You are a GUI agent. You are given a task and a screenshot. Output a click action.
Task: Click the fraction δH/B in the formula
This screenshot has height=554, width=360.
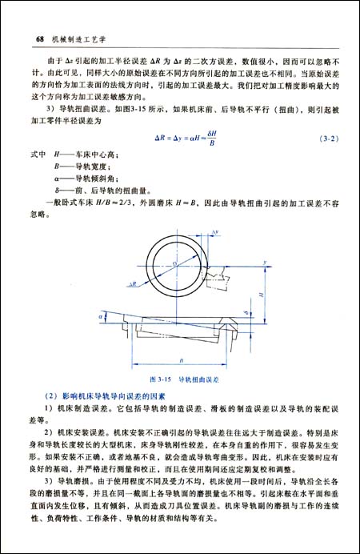tap(211, 138)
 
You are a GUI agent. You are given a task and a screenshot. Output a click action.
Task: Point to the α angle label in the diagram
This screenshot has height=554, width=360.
tap(101, 318)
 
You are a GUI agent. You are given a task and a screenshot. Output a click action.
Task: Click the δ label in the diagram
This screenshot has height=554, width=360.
tap(269, 315)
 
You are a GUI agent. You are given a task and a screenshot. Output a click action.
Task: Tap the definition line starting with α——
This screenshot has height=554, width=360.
tap(85, 180)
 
